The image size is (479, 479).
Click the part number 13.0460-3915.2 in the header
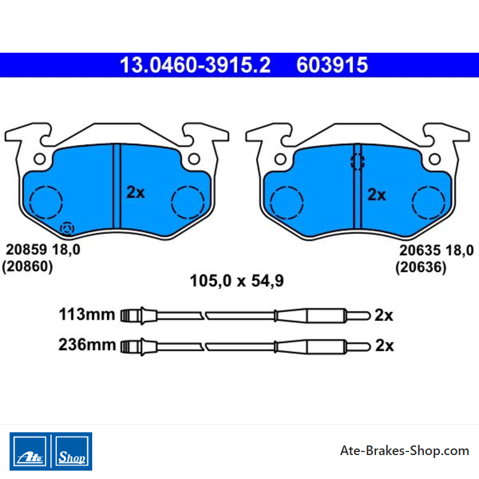pos(195,65)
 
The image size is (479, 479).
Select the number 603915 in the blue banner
pos(332,65)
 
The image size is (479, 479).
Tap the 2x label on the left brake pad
pos(136,192)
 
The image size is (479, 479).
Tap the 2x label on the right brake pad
pos(377,195)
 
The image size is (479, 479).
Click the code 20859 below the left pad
pos(26,250)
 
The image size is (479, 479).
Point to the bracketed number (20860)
pos(28,266)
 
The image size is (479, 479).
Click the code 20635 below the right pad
pos(420,250)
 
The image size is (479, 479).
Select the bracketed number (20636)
pos(421,267)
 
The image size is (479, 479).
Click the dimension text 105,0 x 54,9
pos(237,281)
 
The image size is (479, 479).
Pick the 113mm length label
pos(87,314)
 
